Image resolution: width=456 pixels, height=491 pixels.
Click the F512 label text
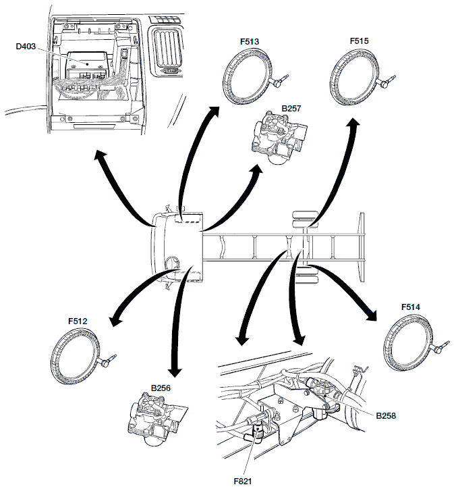click(78, 321)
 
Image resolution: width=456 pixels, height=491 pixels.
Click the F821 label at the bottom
click(243, 481)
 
